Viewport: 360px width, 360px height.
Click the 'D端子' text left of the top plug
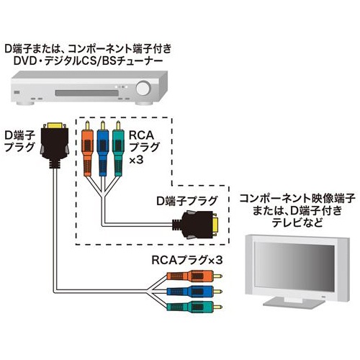[x=19, y=134]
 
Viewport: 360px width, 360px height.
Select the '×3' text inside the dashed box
[x=136, y=162]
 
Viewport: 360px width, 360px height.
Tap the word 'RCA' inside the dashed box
[x=140, y=135]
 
